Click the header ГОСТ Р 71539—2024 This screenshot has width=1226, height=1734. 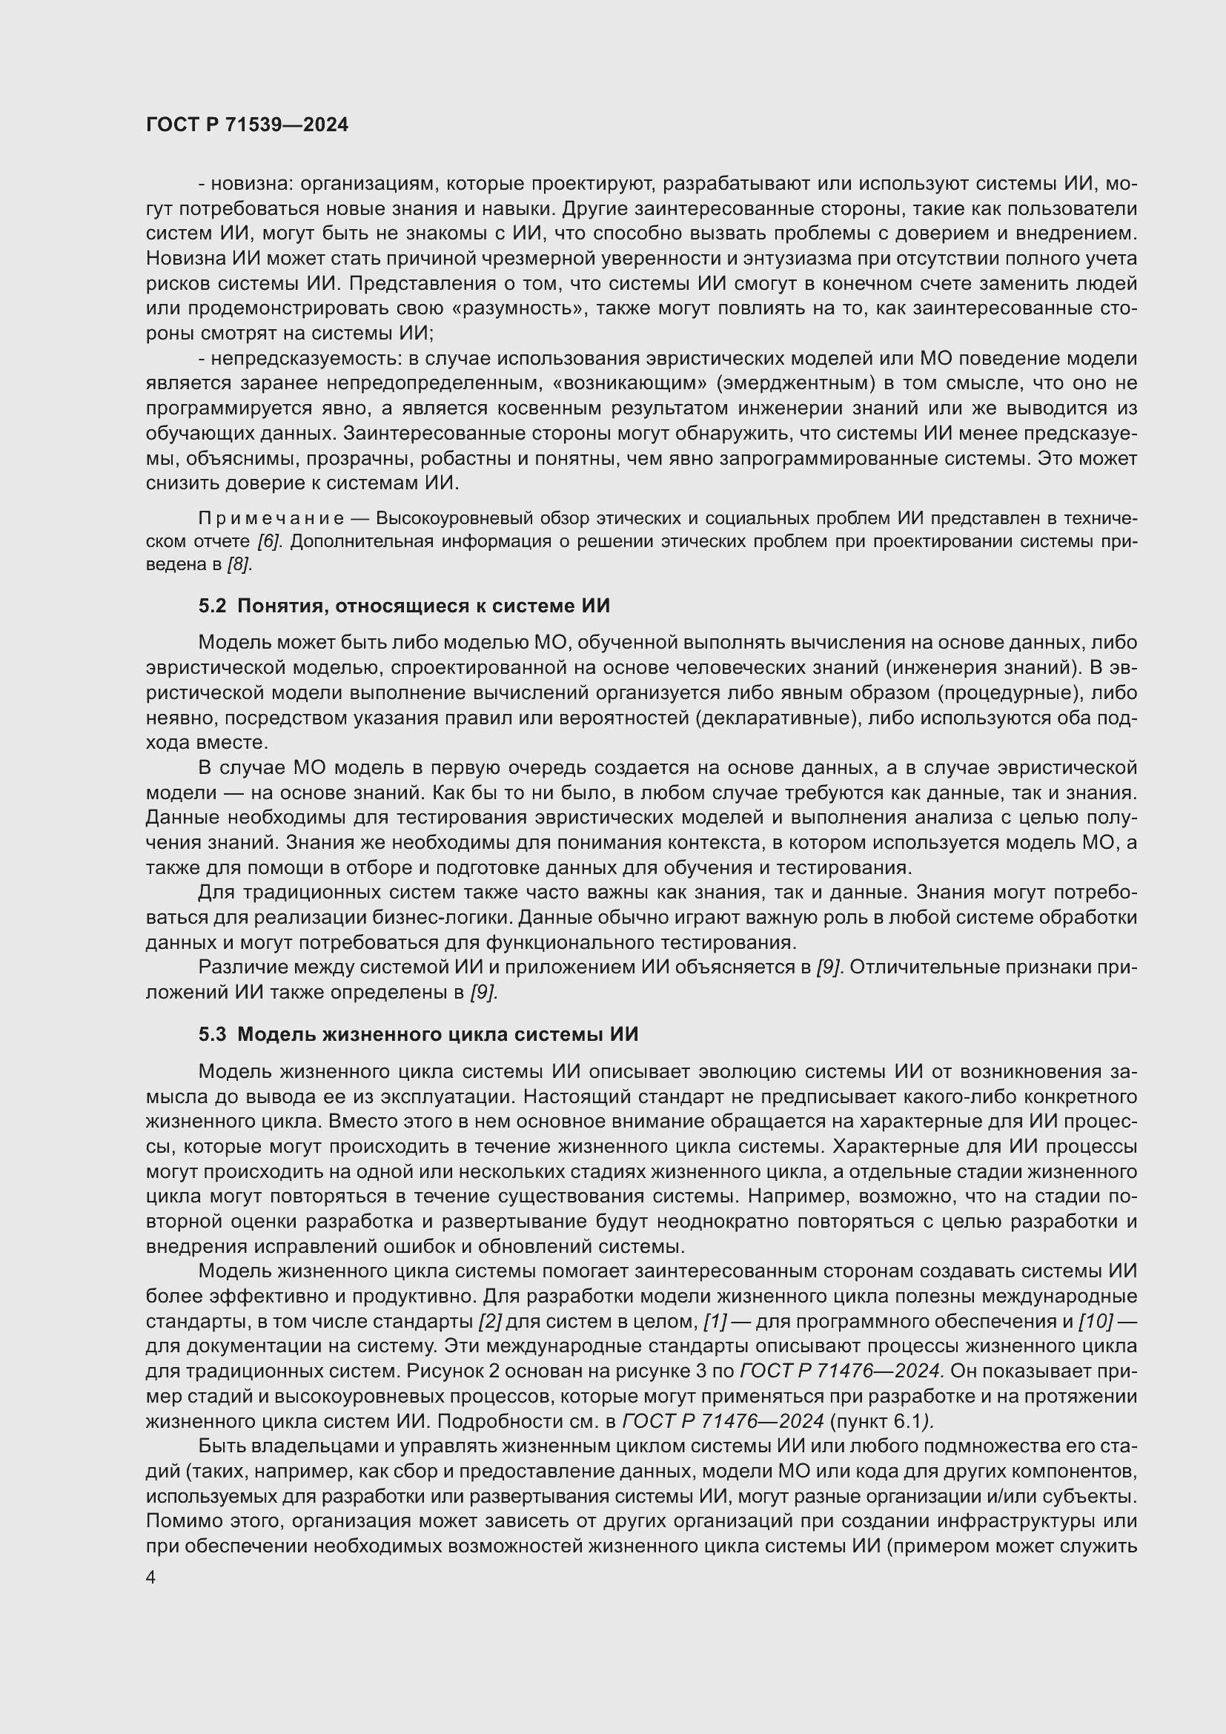click(x=247, y=125)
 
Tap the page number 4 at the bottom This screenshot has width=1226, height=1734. click(x=151, y=1578)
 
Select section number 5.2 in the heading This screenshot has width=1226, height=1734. click(x=212, y=606)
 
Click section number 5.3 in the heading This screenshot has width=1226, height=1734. click(x=212, y=1034)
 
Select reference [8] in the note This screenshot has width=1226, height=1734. click(x=240, y=564)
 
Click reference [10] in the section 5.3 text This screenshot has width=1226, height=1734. click(x=1095, y=1321)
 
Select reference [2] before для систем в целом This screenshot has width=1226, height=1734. click(x=490, y=1321)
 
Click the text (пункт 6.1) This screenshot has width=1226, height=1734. click(x=881, y=1420)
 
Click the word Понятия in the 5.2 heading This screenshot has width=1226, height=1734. click(x=282, y=606)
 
